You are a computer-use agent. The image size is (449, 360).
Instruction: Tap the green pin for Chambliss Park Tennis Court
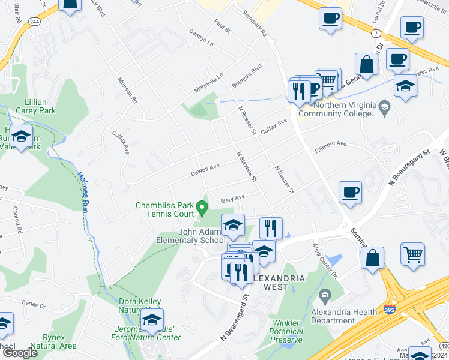[202, 209]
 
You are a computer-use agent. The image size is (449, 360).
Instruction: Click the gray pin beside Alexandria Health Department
[325, 295]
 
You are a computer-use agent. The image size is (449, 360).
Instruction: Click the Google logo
[20, 352]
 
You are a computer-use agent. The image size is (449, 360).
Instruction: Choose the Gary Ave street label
[233, 197]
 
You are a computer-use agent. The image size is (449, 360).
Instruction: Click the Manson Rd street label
[128, 91]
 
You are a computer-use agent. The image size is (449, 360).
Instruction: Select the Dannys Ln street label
[200, 38]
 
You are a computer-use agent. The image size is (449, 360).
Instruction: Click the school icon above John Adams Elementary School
[233, 226]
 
